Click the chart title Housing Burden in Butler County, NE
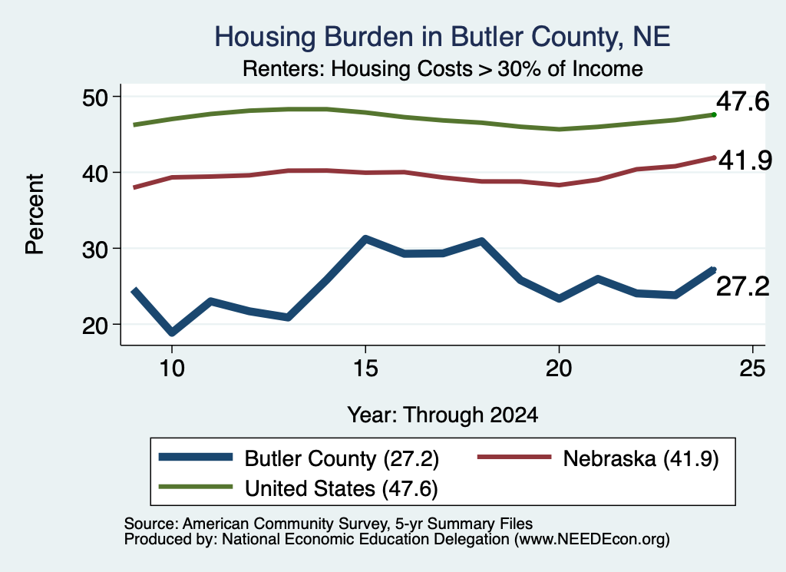[x=442, y=37]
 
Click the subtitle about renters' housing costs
[x=443, y=68]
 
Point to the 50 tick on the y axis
[x=95, y=98]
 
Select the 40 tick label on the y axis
[x=95, y=173]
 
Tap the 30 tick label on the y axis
[x=95, y=250]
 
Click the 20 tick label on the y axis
[x=95, y=326]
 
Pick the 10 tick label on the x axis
[x=172, y=369]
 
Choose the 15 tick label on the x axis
[x=365, y=369]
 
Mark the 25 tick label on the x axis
[x=752, y=369]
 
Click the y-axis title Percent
[x=35, y=214]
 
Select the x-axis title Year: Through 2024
[x=443, y=415]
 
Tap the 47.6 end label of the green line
[x=742, y=101]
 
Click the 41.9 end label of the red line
[x=745, y=160]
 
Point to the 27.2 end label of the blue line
[x=742, y=286]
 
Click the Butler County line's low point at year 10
[x=172, y=332]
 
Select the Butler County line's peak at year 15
[x=365, y=239]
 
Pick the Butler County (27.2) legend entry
[x=299, y=458]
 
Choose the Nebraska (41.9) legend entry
[x=598, y=458]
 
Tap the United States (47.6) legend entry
[x=299, y=488]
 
